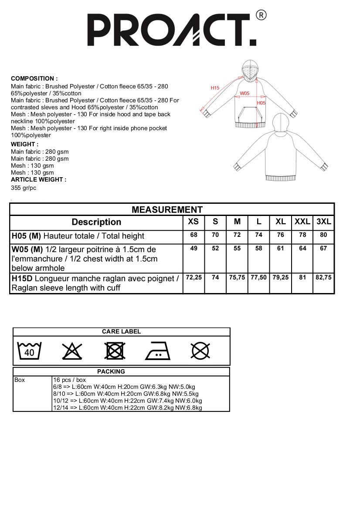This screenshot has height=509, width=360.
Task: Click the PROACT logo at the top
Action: point(172,30)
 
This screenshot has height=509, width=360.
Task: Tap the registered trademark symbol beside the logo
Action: point(262,15)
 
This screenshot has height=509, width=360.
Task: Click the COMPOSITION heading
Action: point(34,79)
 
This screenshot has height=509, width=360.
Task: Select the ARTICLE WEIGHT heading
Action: point(38,179)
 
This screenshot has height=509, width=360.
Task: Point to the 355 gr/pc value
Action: point(24,188)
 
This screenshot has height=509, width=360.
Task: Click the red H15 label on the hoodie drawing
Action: point(215,88)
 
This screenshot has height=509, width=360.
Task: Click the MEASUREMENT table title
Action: point(167,210)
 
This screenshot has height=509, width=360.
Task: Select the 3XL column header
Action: point(324,222)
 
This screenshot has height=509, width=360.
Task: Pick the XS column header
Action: point(193,222)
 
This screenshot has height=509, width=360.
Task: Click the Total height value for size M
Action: point(237,235)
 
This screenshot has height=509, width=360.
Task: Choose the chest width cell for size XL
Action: point(281,249)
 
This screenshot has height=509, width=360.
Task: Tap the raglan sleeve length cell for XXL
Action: point(302,277)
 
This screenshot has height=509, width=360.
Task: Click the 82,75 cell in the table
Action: point(323,277)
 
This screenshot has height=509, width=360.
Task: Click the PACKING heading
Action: point(111,371)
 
